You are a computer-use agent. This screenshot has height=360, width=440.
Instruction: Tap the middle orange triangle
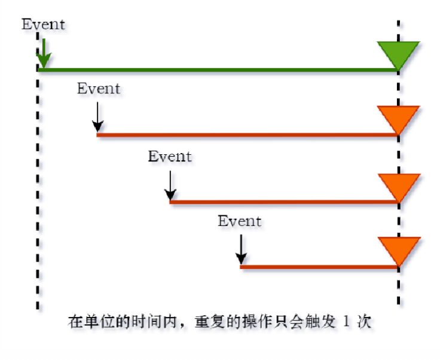[398, 185]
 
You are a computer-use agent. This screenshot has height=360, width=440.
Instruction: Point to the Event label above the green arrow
[44, 25]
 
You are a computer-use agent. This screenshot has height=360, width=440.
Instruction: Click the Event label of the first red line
[99, 89]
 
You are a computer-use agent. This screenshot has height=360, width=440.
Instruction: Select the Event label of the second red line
[170, 157]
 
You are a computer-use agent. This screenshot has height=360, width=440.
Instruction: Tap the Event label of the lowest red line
[240, 221]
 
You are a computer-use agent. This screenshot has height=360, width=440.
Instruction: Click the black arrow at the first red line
[97, 117]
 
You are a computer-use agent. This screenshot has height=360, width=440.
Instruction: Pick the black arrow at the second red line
[170, 185]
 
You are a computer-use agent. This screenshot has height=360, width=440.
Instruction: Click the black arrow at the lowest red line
[240, 250]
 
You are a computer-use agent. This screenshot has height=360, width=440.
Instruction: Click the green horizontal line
[215, 71]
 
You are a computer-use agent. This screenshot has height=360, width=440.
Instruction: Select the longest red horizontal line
[245, 135]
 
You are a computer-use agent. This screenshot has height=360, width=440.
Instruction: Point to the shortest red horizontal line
[317, 267]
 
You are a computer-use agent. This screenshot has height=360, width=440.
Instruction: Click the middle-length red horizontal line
[281, 202]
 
